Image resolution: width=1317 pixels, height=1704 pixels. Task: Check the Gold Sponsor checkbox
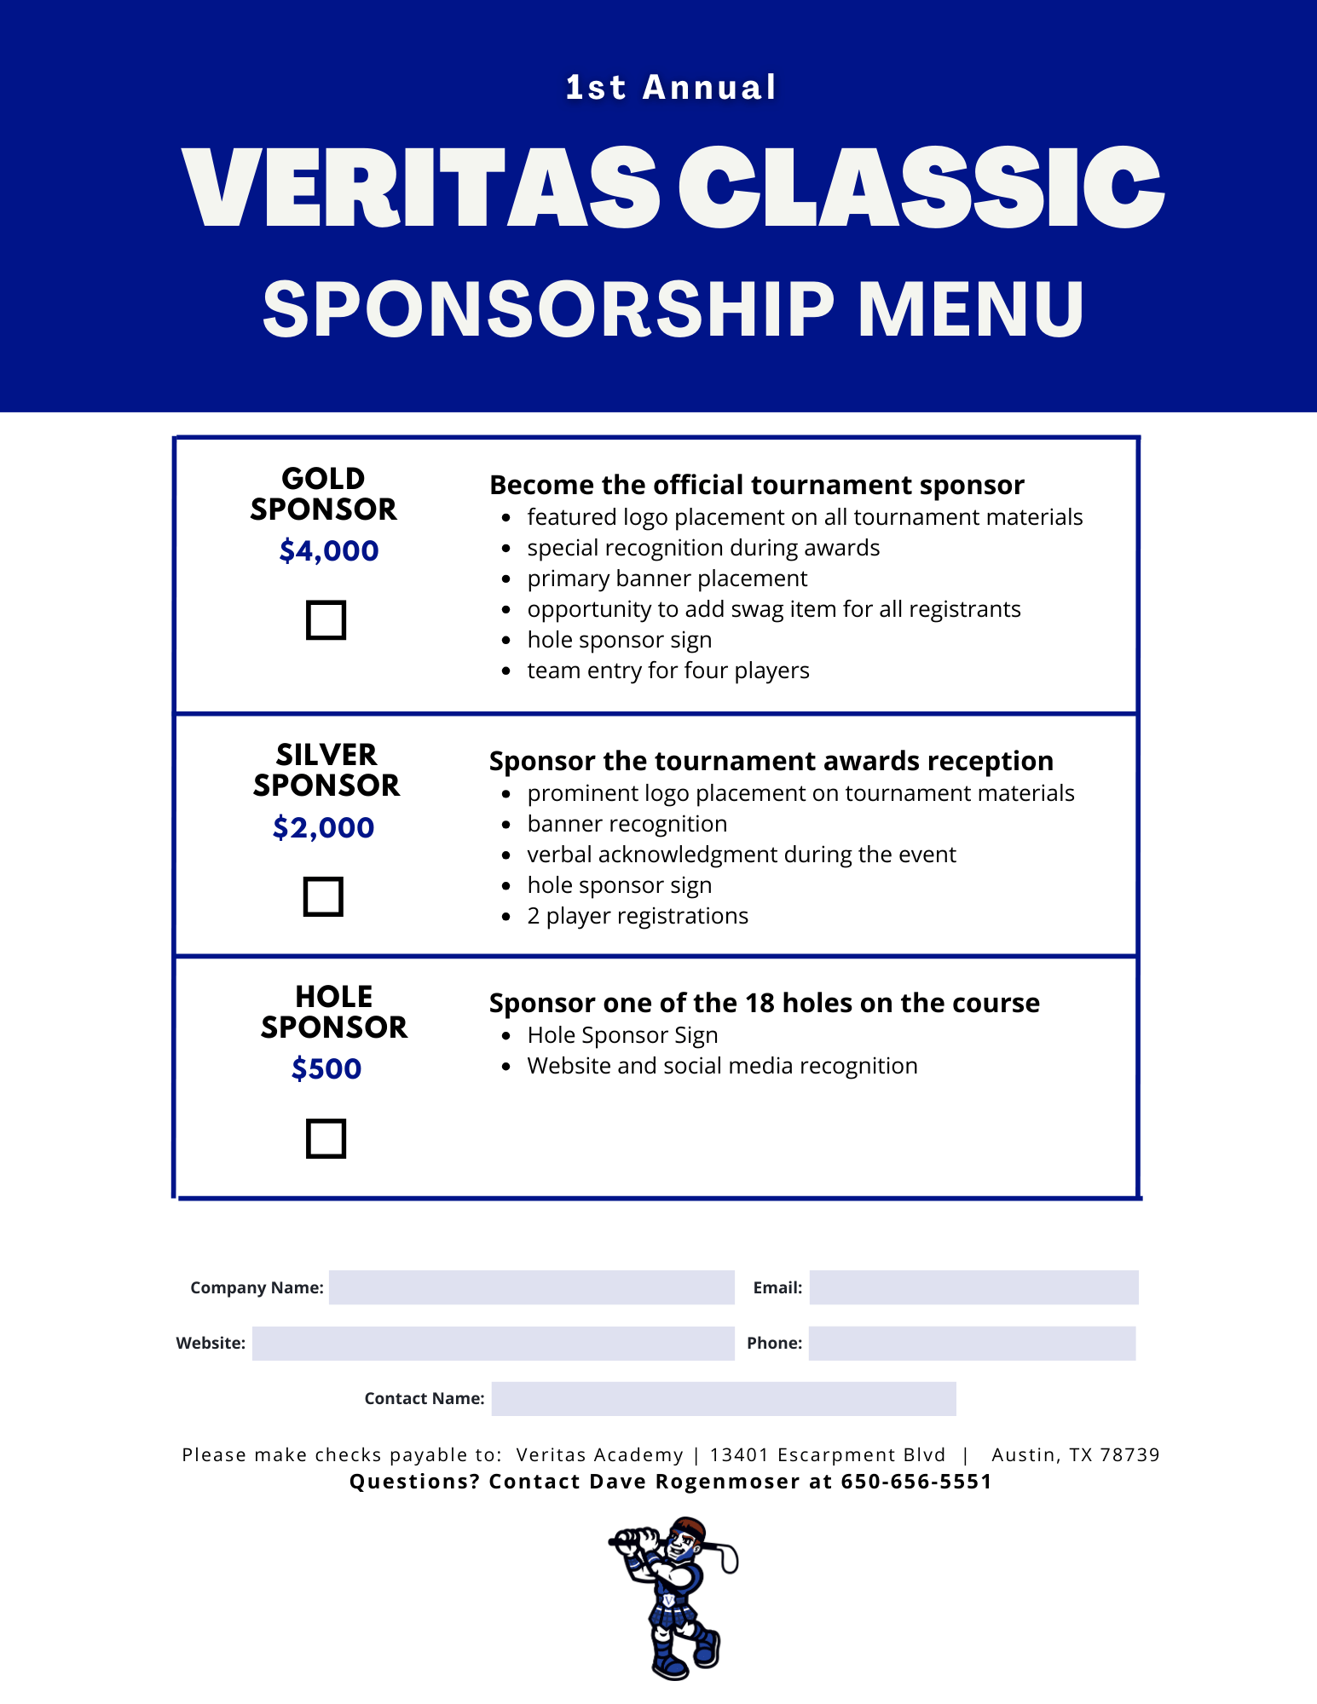click(x=326, y=620)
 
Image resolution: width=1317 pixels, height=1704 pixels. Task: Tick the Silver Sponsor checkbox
click(x=323, y=896)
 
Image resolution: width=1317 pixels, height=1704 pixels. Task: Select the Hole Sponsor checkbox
click(x=326, y=1138)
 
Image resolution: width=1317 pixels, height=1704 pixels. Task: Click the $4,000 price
click(x=329, y=551)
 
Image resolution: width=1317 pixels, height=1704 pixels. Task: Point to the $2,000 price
click(x=324, y=827)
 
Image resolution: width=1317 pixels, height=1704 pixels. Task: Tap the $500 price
click(x=326, y=1068)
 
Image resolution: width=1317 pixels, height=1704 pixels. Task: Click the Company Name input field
click(x=531, y=1287)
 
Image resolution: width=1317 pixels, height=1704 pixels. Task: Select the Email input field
click(x=973, y=1287)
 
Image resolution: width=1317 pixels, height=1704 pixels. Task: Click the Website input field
click(x=493, y=1344)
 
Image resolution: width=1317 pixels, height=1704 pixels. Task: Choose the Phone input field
click(x=972, y=1344)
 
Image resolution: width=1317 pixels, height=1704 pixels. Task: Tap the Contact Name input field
click(x=724, y=1399)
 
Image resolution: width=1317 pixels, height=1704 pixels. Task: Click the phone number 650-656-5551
click(x=916, y=1482)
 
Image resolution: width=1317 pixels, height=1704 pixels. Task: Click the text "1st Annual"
click(x=671, y=88)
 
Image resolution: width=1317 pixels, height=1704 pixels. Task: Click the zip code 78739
click(x=1129, y=1455)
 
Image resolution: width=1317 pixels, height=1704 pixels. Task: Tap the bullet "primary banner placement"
click(x=667, y=579)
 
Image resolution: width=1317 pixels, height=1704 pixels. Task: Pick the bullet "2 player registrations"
click(x=637, y=916)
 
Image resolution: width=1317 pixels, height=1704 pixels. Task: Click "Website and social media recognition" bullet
click(x=722, y=1066)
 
